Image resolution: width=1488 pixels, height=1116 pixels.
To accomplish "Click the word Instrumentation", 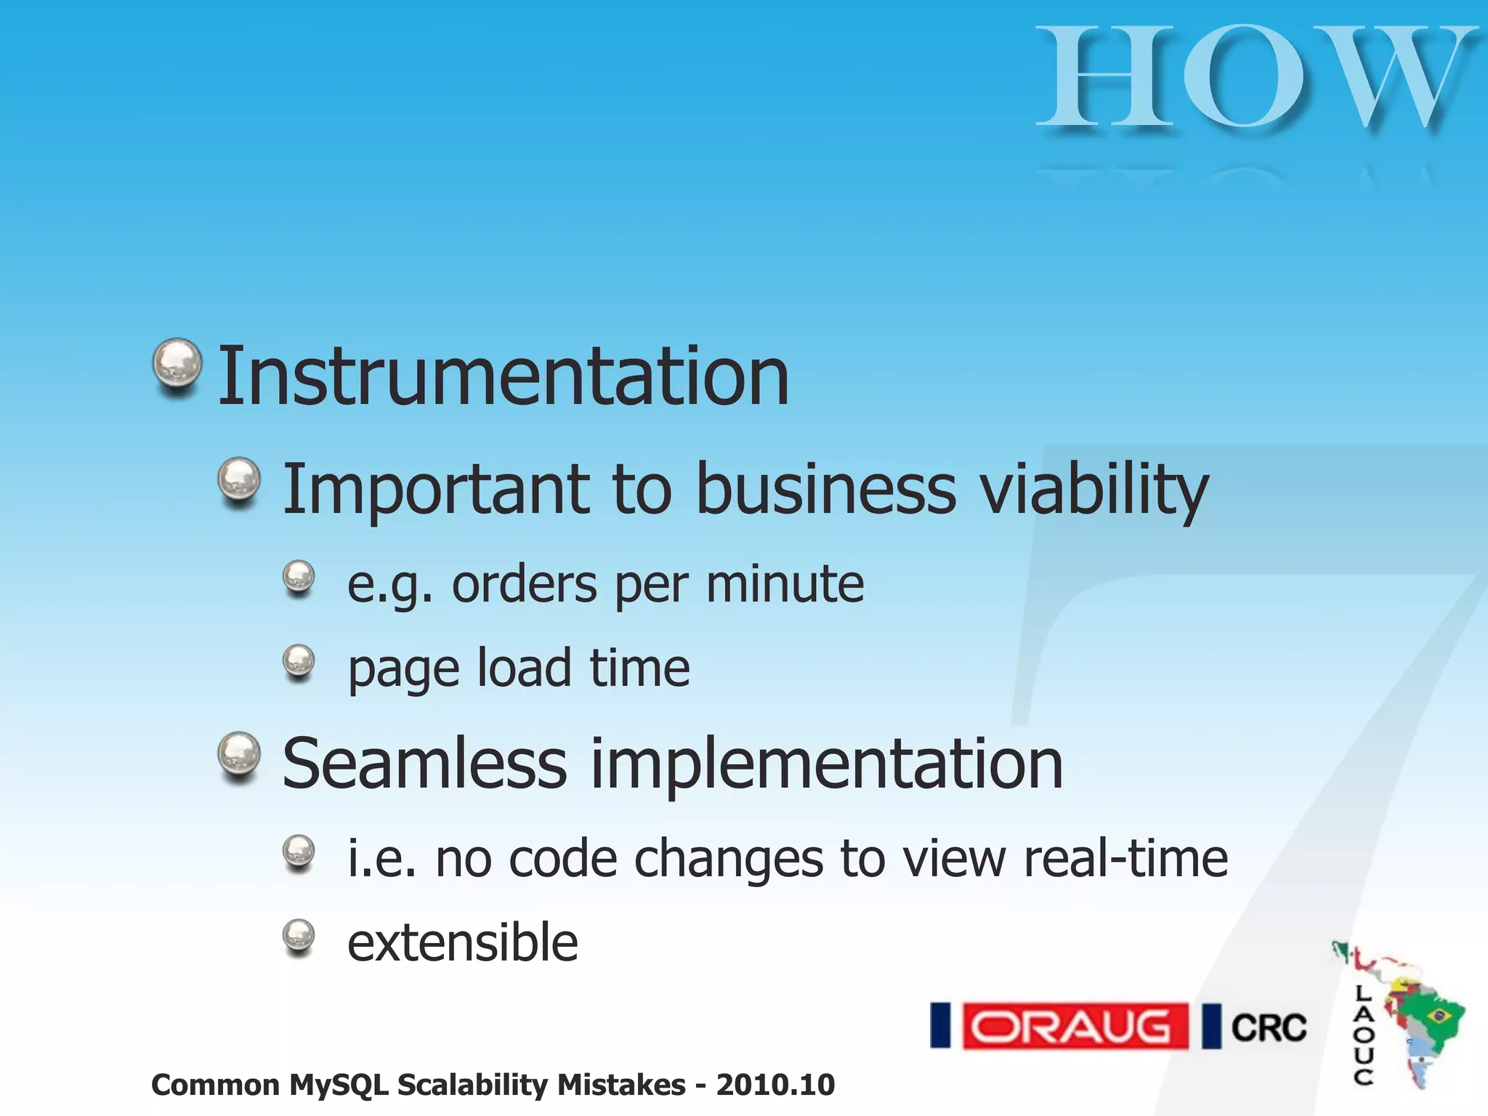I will tap(503, 376).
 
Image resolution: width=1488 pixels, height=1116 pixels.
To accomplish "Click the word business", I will tap(826, 489).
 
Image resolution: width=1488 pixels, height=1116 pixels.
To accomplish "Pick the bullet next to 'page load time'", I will tap(298, 661).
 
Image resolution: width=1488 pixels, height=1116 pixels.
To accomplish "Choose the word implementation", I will tap(827, 764).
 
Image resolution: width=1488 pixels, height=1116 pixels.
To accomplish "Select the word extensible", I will tap(463, 943).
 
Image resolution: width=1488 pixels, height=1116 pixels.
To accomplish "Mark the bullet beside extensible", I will tap(298, 937).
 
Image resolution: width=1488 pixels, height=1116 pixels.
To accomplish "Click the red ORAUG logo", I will tap(1075, 1027).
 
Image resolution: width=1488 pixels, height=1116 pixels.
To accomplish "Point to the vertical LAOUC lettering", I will tap(1364, 1035).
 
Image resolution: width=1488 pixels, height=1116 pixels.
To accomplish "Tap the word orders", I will tap(525, 584).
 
